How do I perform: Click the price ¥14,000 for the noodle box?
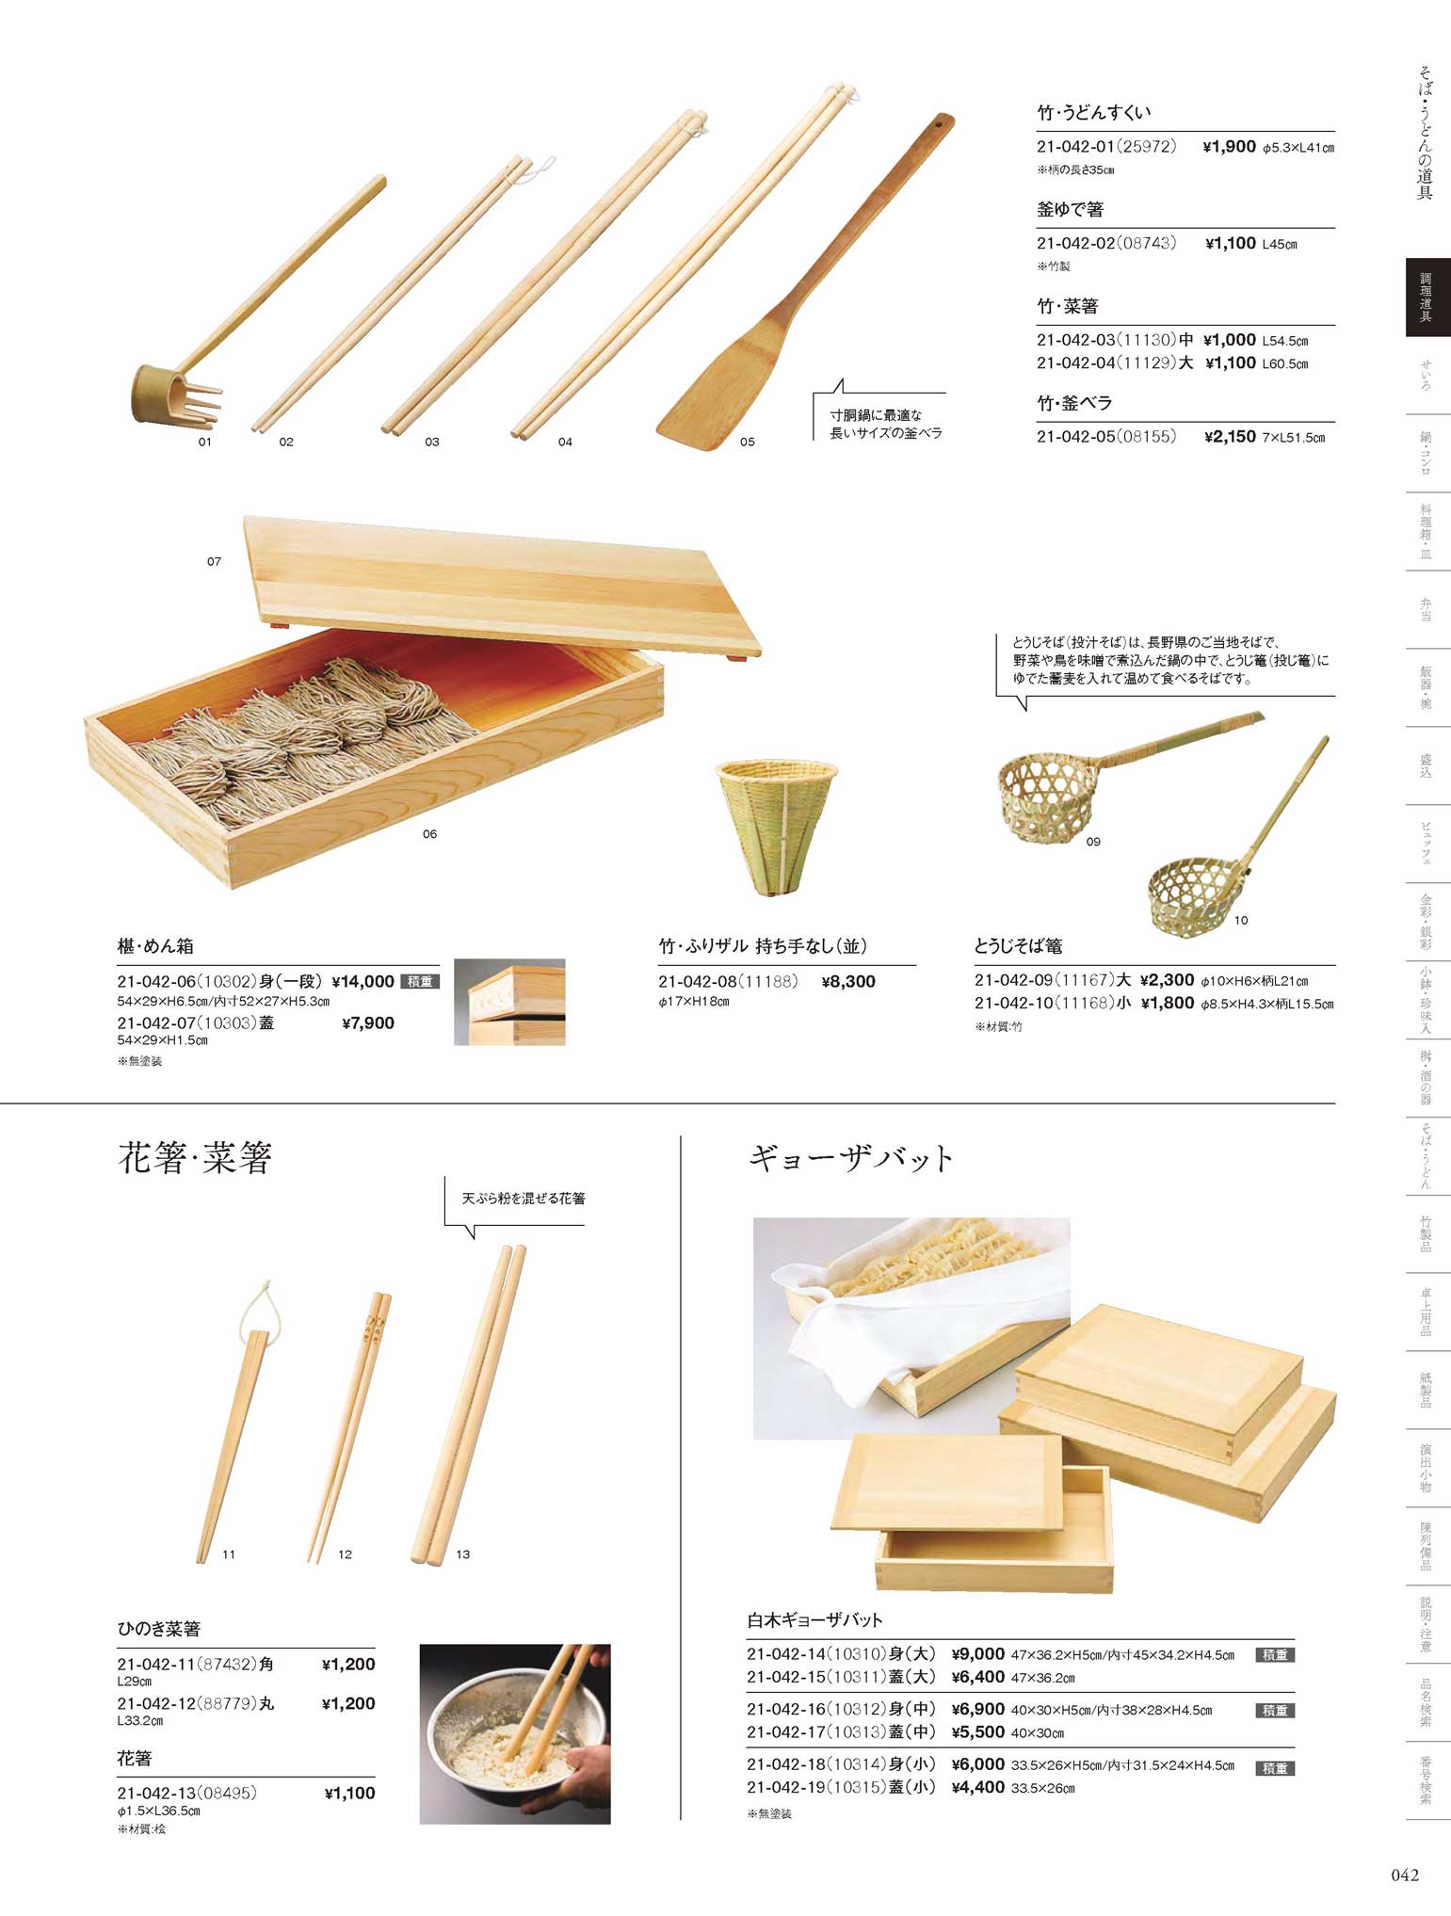[363, 981]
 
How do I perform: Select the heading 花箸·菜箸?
[195, 1157]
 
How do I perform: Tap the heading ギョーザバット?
[851, 1157]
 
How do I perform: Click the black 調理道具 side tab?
[1427, 298]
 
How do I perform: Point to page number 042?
[1404, 1875]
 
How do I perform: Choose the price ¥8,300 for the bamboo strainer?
[848, 981]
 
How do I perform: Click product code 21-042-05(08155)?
[1106, 437]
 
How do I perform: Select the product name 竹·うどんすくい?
[1094, 112]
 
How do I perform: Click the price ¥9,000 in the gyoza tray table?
[978, 1654]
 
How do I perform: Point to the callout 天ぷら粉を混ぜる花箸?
[524, 1199]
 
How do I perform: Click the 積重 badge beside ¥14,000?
[420, 981]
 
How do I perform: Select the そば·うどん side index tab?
[1427, 1156]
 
